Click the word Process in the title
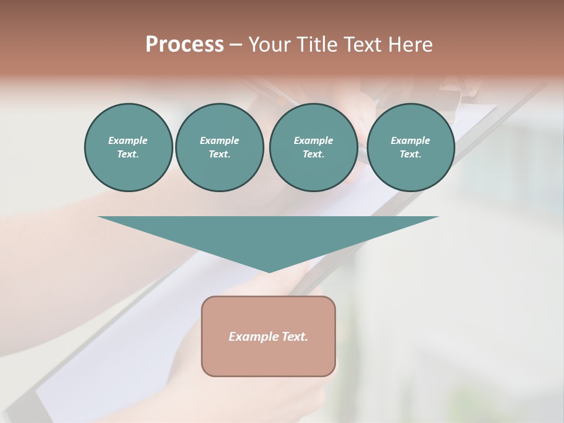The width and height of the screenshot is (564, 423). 184,45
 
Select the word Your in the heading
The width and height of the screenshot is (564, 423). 268,45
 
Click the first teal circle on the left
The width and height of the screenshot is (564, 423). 128,147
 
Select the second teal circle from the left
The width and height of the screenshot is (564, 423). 219,147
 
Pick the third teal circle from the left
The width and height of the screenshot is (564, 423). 313,147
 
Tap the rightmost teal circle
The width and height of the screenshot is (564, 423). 410,147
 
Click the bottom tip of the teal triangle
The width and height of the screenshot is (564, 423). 269,271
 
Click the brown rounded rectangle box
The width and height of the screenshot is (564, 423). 268,358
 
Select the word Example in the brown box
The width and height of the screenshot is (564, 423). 253,337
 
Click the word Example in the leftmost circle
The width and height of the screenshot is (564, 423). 128,140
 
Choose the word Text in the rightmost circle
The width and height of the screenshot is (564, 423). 410,155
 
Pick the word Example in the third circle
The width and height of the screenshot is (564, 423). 313,140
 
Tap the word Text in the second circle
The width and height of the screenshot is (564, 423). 219,155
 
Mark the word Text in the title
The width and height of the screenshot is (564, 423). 364,45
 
